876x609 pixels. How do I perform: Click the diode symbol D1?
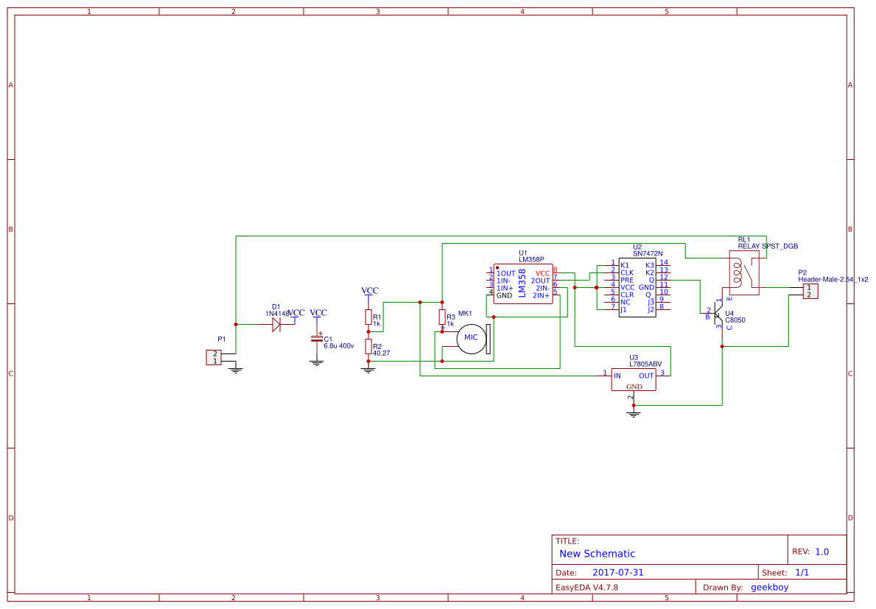[276, 325]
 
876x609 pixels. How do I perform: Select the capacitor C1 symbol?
[317, 338]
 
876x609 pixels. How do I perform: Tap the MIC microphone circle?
[470, 338]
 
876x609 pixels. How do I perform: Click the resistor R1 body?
[368, 317]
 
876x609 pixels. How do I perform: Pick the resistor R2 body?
[368, 348]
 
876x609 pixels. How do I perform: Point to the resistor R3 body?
[442, 317]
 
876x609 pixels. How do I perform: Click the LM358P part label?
[530, 259]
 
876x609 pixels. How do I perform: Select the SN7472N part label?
[648, 253]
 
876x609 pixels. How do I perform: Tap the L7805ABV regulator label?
[645, 364]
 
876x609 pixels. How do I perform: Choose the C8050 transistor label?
[735, 321]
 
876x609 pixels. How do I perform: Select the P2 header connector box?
[809, 291]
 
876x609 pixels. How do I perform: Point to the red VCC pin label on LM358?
[542, 273]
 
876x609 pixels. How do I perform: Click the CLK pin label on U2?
[627, 272]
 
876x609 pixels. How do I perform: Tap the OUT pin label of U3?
[645, 376]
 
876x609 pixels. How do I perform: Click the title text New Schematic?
[597, 554]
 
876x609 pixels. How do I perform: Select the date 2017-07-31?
[617, 572]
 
